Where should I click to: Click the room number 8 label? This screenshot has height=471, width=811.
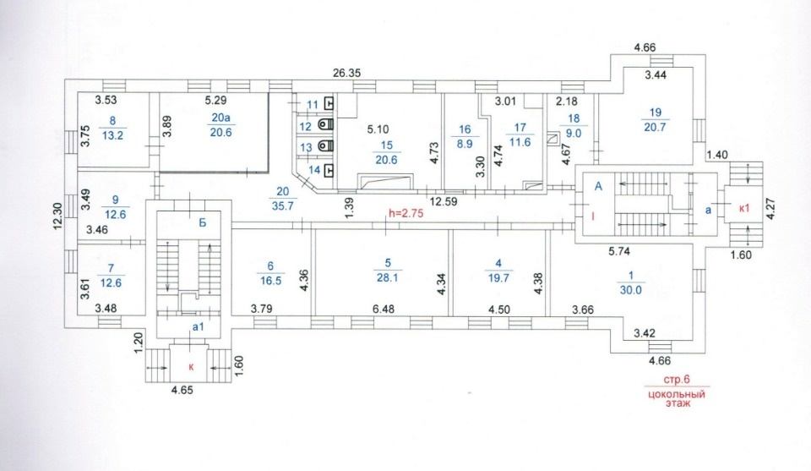click(112, 121)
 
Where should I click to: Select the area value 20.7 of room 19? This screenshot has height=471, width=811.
click(655, 127)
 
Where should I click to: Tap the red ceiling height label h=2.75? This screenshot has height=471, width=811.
click(406, 213)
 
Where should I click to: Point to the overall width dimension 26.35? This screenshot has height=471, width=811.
click(346, 73)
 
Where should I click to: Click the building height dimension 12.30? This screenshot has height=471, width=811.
click(57, 216)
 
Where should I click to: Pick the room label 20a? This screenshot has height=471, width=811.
click(220, 118)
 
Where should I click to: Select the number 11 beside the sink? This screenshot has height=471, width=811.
click(313, 105)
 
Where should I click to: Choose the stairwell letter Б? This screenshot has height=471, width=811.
click(203, 222)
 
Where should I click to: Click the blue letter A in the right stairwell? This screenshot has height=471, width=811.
click(598, 186)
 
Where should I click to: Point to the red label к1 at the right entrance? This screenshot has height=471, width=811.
click(744, 209)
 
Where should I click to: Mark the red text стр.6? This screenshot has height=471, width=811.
click(677, 380)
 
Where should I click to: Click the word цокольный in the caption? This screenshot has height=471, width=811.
click(677, 394)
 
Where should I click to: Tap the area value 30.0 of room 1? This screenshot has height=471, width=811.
click(630, 290)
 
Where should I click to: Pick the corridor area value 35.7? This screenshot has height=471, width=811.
click(283, 205)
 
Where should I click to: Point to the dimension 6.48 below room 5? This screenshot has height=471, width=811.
click(384, 309)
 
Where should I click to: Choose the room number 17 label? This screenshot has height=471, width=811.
click(520, 128)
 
